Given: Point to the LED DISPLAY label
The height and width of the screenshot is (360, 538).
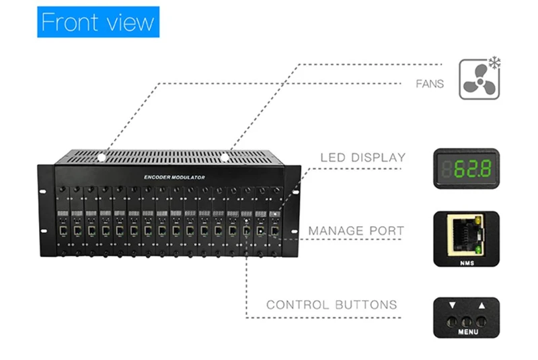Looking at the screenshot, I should (363, 158).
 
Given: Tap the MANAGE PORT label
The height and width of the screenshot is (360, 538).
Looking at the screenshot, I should (356, 231).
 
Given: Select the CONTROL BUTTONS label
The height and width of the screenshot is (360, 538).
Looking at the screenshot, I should (332, 305).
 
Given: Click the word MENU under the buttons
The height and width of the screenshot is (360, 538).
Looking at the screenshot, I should (467, 332).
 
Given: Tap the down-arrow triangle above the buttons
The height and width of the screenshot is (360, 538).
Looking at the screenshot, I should (453, 306).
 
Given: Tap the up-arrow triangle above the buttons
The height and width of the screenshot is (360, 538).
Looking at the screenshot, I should (482, 306).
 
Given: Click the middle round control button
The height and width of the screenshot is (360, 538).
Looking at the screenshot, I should (467, 320).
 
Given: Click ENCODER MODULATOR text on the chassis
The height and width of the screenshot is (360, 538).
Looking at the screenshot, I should (174, 176).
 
